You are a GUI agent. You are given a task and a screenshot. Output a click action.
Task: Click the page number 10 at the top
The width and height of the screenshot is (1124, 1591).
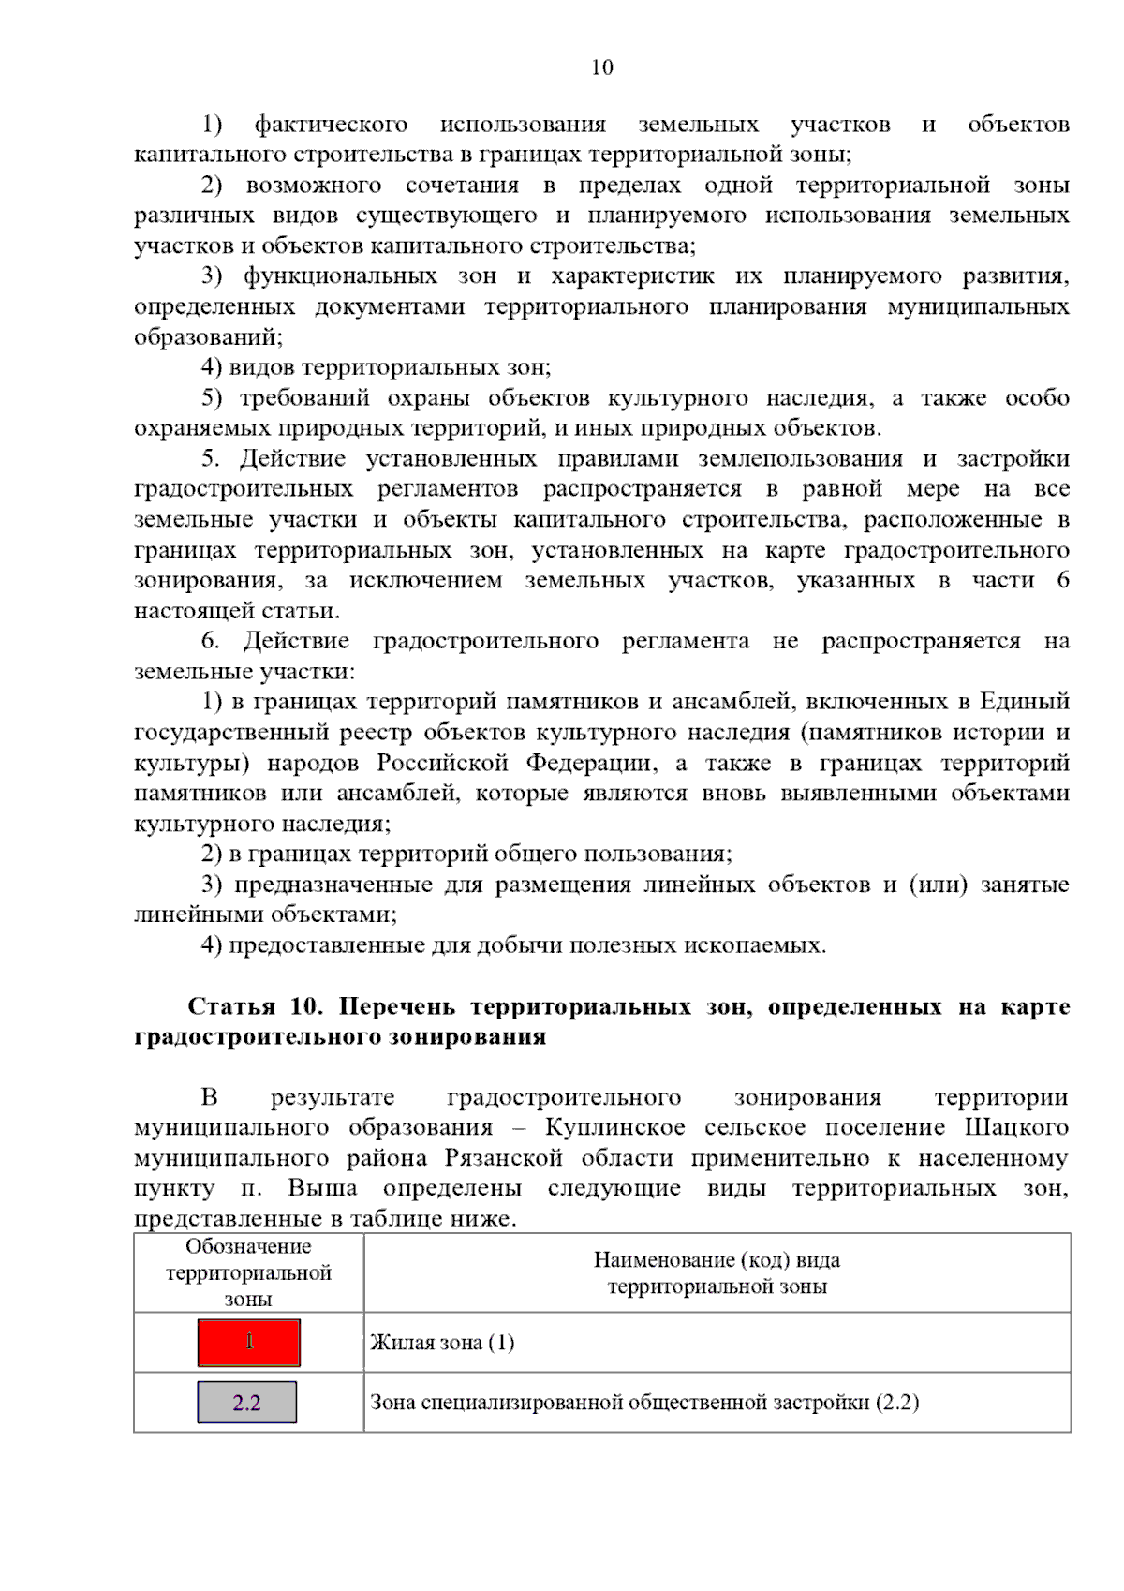coord(602,67)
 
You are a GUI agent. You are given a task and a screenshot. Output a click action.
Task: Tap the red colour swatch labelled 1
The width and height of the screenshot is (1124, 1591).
coord(248,1343)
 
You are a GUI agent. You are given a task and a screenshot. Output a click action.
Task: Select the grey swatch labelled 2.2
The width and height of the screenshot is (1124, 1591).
coord(246,1403)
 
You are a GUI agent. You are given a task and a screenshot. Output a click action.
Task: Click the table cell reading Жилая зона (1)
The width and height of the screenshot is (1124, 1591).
coord(442,1343)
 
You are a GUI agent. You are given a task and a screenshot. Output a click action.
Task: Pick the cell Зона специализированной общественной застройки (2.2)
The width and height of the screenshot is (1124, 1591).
coord(644,1403)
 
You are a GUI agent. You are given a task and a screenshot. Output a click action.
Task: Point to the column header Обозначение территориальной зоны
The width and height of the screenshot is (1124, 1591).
coord(248,1272)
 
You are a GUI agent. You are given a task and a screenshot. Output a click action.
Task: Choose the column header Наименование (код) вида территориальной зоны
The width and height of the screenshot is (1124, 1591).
coord(717,1272)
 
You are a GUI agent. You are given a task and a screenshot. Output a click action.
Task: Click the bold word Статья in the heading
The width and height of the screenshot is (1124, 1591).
coord(231,1006)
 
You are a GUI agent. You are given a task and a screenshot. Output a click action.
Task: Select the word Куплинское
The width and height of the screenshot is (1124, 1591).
coord(614,1127)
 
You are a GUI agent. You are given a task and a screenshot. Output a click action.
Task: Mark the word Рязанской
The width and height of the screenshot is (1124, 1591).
coord(503,1158)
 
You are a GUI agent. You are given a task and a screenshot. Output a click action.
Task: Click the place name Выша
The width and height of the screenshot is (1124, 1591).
coord(322,1188)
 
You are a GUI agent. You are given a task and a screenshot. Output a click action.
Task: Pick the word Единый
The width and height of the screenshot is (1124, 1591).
coord(1024,702)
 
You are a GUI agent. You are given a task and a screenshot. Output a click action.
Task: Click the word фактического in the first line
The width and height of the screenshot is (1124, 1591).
coord(331,125)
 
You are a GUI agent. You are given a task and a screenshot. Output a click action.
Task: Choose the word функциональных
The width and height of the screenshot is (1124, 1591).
coord(340,276)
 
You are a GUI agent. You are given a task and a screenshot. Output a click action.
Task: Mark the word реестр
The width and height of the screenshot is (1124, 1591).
coord(377,733)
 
